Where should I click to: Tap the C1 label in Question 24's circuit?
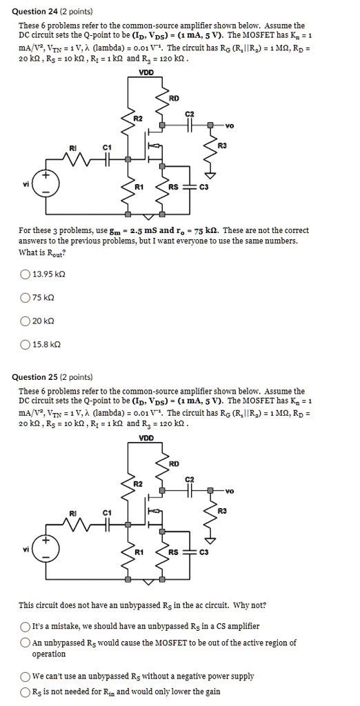click(x=106, y=147)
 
